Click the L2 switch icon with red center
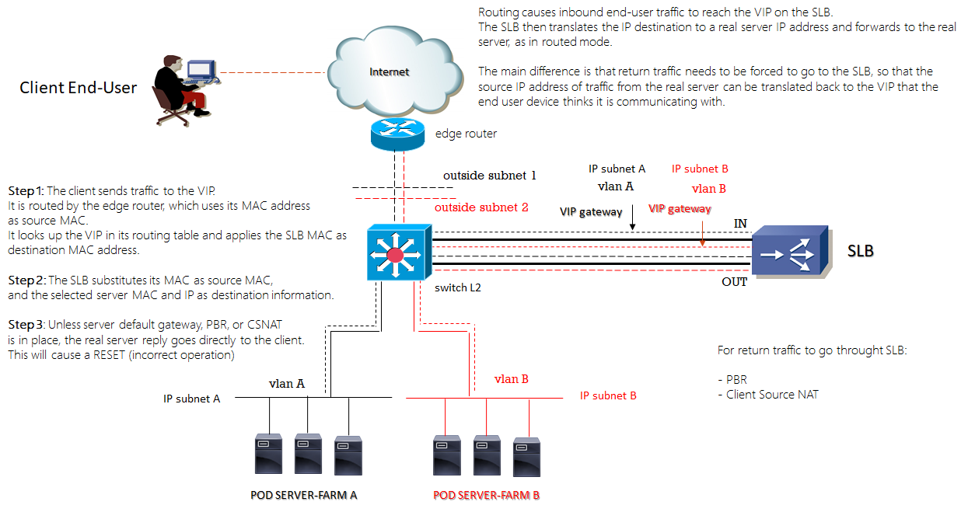coord(396,252)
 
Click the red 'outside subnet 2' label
coord(481,207)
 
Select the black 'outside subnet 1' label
coord(490,176)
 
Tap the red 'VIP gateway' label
coord(680,209)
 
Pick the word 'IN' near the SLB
coord(740,224)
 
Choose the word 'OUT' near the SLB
coord(735,282)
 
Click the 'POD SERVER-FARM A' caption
coord(303,495)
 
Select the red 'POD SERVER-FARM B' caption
coord(486,495)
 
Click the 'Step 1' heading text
coord(26,191)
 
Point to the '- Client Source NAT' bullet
coord(767,395)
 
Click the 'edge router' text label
coord(466,134)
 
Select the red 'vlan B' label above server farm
coord(512,379)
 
